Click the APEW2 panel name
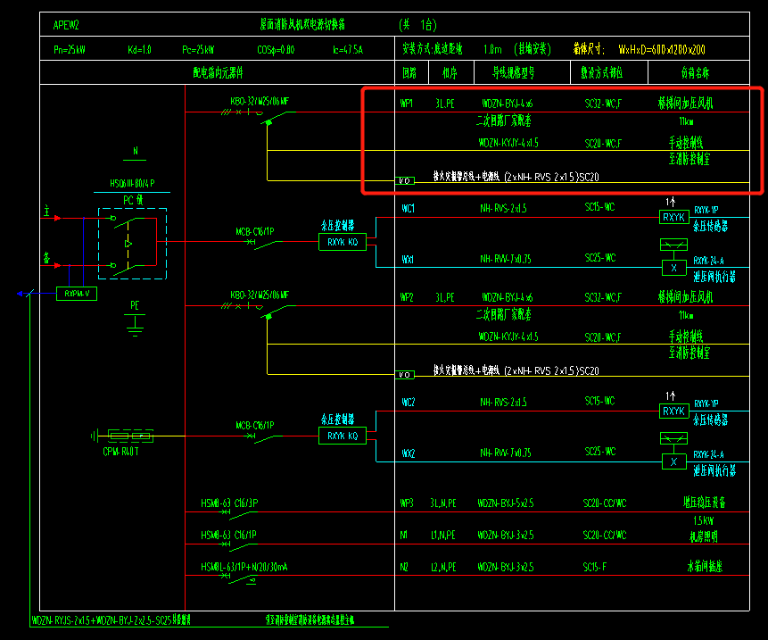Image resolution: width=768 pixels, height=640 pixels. [67, 25]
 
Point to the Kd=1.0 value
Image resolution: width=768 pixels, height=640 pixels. [139, 50]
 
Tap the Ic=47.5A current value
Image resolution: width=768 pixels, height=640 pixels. [347, 50]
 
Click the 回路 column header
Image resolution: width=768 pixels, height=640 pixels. [409, 73]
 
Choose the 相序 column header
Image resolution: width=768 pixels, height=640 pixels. [448, 73]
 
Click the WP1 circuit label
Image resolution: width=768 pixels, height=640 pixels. [408, 104]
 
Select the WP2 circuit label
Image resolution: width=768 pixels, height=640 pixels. [408, 297]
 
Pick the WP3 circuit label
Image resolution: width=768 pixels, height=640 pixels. [408, 503]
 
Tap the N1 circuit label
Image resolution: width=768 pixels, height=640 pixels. [405, 536]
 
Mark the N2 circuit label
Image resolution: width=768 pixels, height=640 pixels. [405, 567]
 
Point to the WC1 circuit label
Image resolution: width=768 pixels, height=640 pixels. [408, 209]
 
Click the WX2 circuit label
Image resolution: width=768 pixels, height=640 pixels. [408, 453]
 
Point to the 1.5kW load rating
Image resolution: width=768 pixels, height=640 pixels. [704, 520]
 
